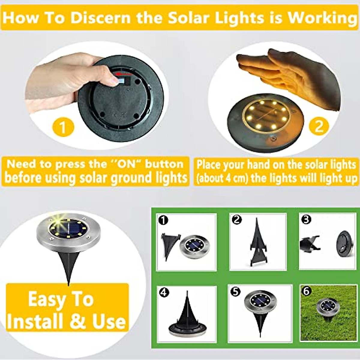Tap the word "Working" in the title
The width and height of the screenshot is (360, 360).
coord(321,17)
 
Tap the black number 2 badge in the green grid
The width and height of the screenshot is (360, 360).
coord(237,220)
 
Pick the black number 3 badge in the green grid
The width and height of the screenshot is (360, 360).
coord(306,220)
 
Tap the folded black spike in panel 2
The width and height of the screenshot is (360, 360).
coord(258,243)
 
